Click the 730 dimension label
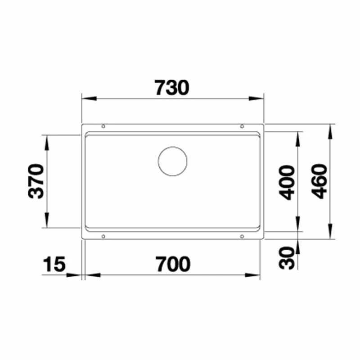coord(171,88)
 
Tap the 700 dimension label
coord(173,264)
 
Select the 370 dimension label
coord(36,181)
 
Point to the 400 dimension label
coord(287,182)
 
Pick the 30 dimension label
coord(287,258)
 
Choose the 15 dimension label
coord(55,264)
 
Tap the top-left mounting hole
coord(103,126)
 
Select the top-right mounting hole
coord(242,126)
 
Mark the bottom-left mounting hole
coord(103,236)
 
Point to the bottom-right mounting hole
coord(242,236)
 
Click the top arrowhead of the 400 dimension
coord(298,139)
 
